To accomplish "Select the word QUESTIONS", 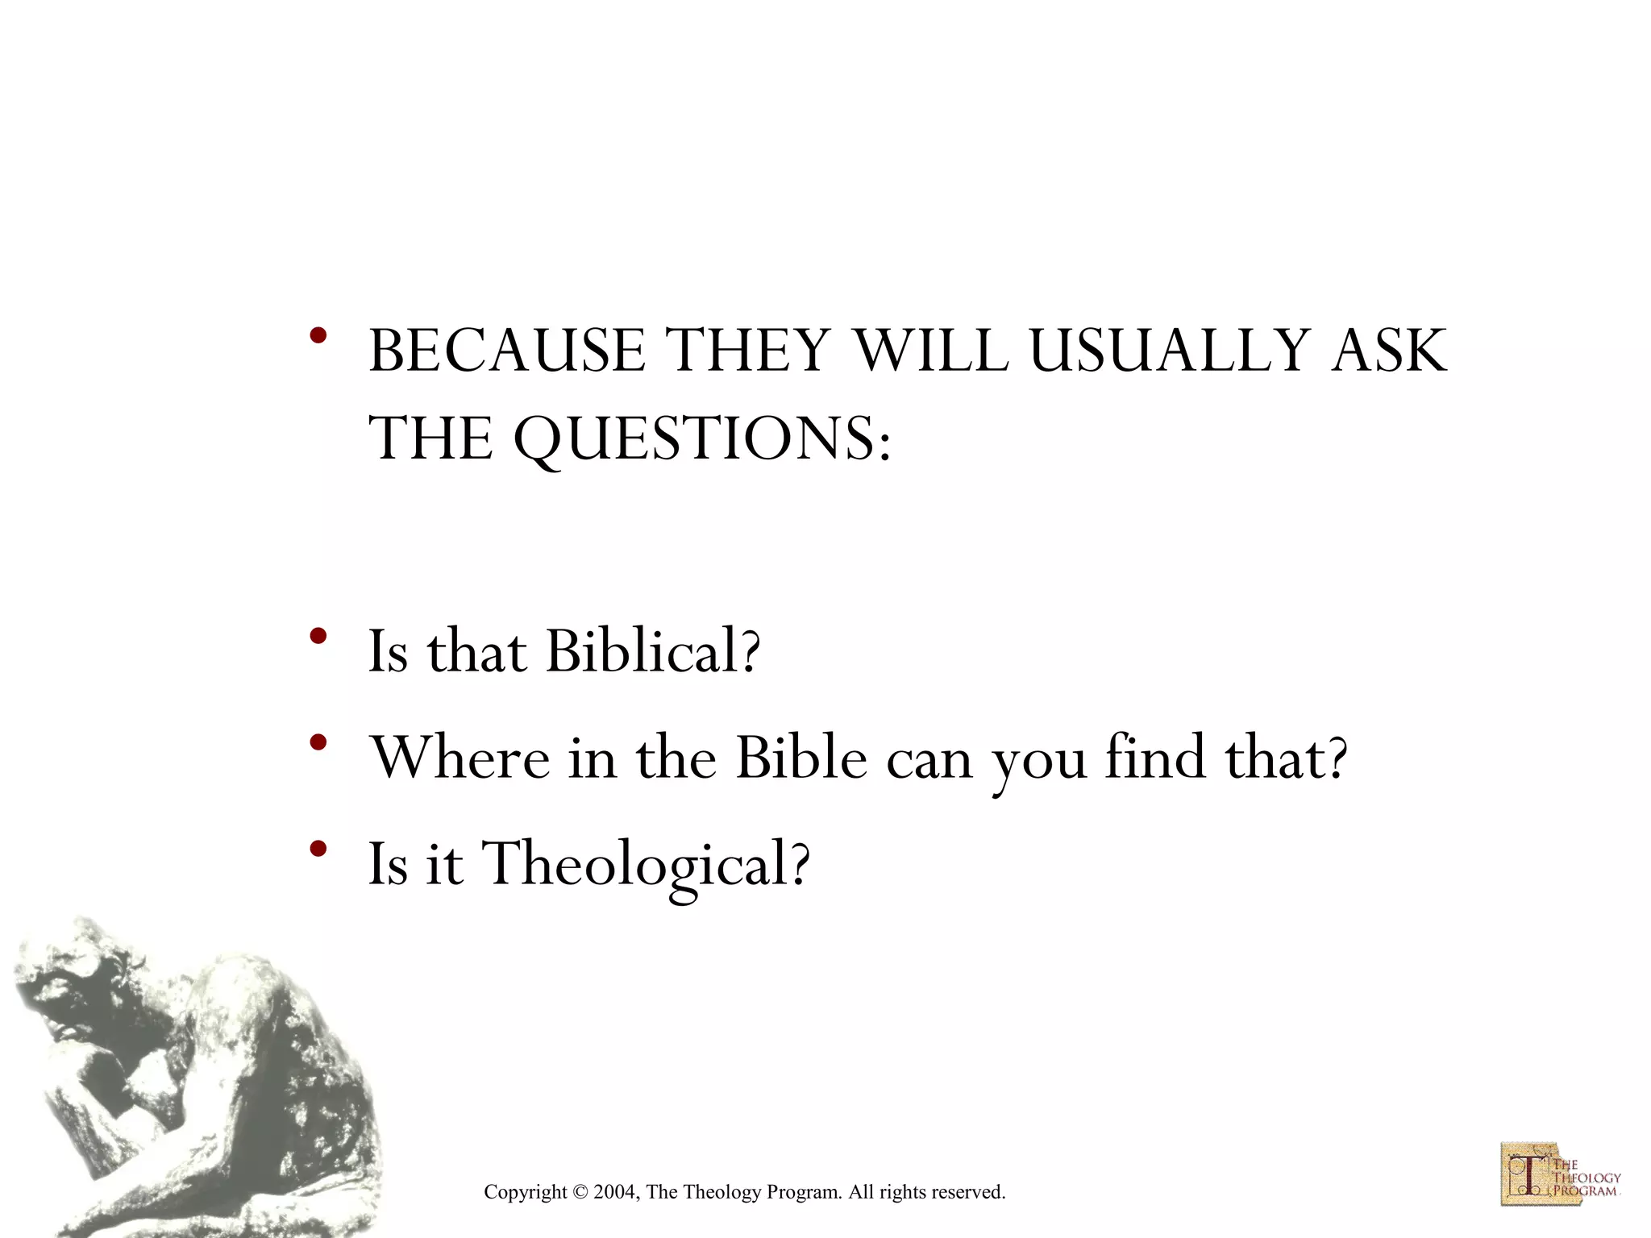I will [695, 439].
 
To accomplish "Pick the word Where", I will [460, 758].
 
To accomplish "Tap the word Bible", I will [801, 758].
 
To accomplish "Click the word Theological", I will [634, 864].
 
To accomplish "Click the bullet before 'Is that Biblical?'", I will [318, 637].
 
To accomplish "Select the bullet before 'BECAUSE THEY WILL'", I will [318, 335].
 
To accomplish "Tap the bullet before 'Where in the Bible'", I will [318, 742].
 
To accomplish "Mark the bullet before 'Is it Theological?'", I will [318, 848].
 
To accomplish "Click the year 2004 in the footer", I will [616, 1192].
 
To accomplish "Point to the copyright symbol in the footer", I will [580, 1192].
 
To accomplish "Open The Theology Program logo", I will [1559, 1174].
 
